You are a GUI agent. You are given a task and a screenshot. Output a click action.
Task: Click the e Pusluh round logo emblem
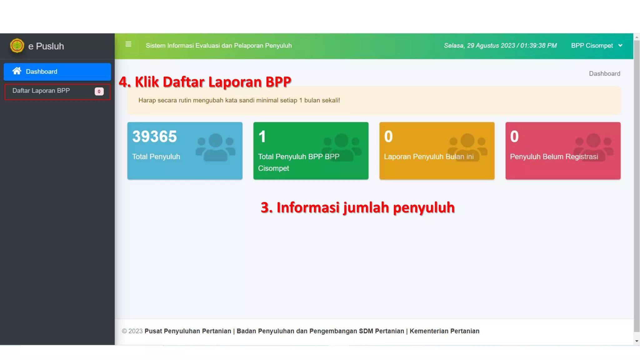point(17,46)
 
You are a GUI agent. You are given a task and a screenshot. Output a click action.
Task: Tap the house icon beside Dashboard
point(17,71)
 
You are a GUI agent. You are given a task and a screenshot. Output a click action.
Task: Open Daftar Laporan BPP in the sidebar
point(41,91)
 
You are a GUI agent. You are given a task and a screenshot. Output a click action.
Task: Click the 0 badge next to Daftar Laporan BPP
point(99,92)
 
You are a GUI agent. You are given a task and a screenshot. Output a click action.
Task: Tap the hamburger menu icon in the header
point(128,44)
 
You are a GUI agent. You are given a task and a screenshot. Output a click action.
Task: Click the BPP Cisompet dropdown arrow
point(620,46)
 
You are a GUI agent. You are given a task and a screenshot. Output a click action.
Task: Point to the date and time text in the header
point(500,46)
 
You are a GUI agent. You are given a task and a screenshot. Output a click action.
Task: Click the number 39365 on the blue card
point(154,137)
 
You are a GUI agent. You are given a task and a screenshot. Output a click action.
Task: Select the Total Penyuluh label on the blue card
point(156,157)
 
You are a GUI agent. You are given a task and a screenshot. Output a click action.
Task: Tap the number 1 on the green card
point(262,137)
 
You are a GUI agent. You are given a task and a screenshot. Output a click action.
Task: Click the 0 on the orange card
point(388,137)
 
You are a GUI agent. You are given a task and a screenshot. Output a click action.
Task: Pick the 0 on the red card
point(514,137)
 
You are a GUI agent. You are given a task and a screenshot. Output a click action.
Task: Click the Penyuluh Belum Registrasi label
point(554,157)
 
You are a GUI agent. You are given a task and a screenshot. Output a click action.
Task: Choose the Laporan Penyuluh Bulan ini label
point(429,157)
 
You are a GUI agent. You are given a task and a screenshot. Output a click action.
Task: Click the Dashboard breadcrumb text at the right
point(604,74)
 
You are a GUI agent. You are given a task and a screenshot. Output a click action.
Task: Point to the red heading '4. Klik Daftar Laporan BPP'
point(205,82)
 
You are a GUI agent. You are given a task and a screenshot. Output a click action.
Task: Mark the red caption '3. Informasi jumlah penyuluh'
point(357,208)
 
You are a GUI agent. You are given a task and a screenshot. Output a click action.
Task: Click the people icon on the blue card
point(216,147)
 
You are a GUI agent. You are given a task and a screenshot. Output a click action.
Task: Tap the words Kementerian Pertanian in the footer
point(444,331)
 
